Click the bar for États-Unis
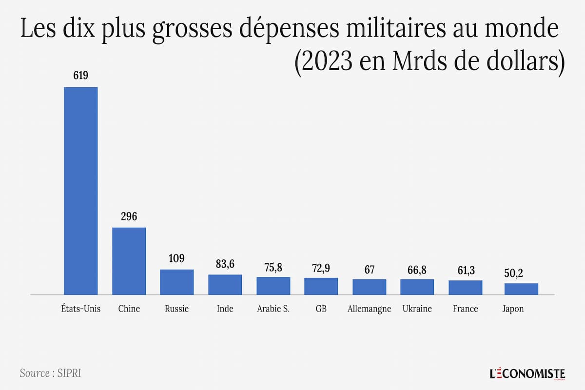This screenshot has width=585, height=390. pyautogui.click(x=81, y=191)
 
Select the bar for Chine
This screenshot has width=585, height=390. pyautogui.click(x=129, y=261)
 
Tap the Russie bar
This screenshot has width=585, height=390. pyautogui.click(x=177, y=282)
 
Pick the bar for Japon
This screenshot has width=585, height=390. pyautogui.click(x=521, y=289)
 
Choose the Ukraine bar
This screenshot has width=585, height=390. pyautogui.click(x=417, y=287)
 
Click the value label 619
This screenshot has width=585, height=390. pyautogui.click(x=81, y=76)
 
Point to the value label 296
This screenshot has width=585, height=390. pyautogui.click(x=129, y=216)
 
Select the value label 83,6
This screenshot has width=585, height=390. pyautogui.click(x=225, y=264)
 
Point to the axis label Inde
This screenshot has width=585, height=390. pyautogui.click(x=225, y=309)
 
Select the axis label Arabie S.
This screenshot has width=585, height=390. pyautogui.click(x=273, y=309)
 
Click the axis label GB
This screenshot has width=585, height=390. pyautogui.click(x=321, y=309)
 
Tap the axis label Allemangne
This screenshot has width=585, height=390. pyautogui.click(x=370, y=309)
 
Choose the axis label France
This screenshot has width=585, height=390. pyautogui.click(x=466, y=309)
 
